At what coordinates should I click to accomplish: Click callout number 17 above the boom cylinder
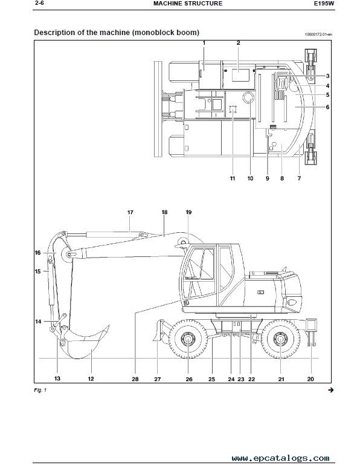click(130, 212)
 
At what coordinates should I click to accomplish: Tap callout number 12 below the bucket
click(91, 379)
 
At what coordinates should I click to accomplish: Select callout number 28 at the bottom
click(135, 379)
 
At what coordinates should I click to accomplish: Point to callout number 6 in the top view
click(327, 107)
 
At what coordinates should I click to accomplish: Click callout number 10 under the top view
click(250, 178)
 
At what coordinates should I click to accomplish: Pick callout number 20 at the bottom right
click(310, 379)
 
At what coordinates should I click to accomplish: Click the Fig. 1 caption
click(40, 390)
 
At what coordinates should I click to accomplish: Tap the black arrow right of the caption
click(331, 390)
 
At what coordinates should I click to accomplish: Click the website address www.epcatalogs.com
click(281, 458)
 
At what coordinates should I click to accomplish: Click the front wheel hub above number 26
click(188, 339)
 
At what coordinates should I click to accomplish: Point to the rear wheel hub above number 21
click(281, 339)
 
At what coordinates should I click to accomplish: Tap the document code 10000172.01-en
click(318, 34)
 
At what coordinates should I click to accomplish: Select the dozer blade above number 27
click(158, 330)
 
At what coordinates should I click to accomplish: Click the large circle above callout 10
click(248, 97)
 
